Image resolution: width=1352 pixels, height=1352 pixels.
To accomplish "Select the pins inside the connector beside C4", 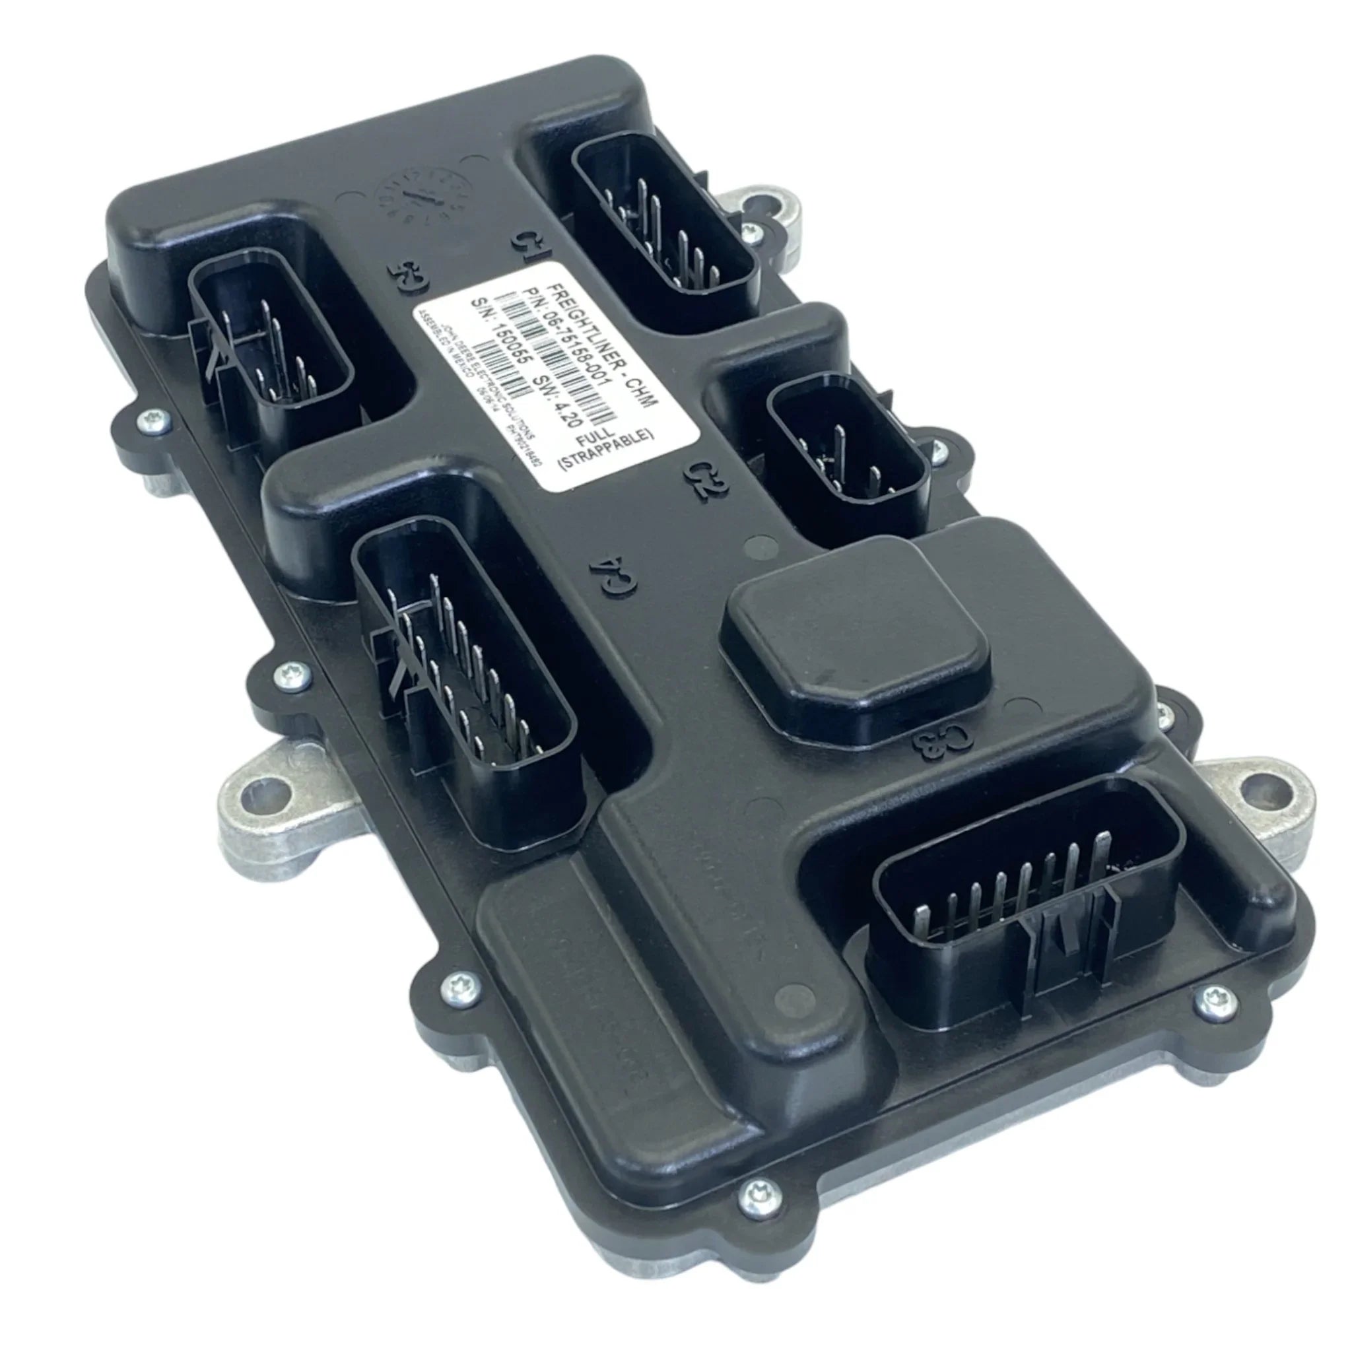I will click(x=462, y=665).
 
